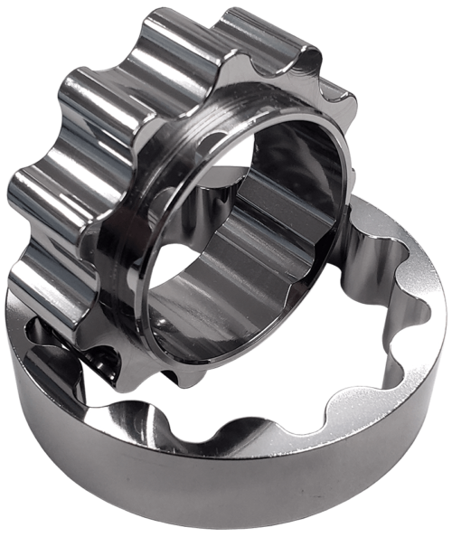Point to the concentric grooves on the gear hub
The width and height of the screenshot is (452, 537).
coord(271,136)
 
